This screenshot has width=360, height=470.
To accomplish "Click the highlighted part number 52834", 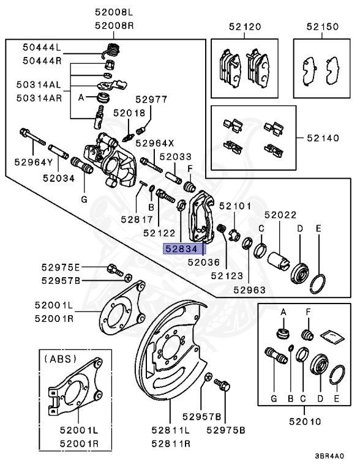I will (184, 248).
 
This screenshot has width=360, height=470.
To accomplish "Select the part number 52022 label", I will (280, 215).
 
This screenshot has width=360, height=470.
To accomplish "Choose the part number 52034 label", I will (58, 178).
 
